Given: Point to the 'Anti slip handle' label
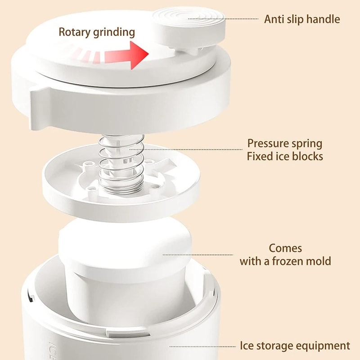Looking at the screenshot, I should pos(302,19).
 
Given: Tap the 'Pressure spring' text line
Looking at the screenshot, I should pos(285,144).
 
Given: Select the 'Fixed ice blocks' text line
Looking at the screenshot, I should pos(285,157).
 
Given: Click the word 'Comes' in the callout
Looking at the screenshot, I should pos(285,248).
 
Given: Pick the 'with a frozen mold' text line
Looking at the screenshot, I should pos(285,261).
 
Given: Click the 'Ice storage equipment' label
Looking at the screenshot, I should pos(294,346).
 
